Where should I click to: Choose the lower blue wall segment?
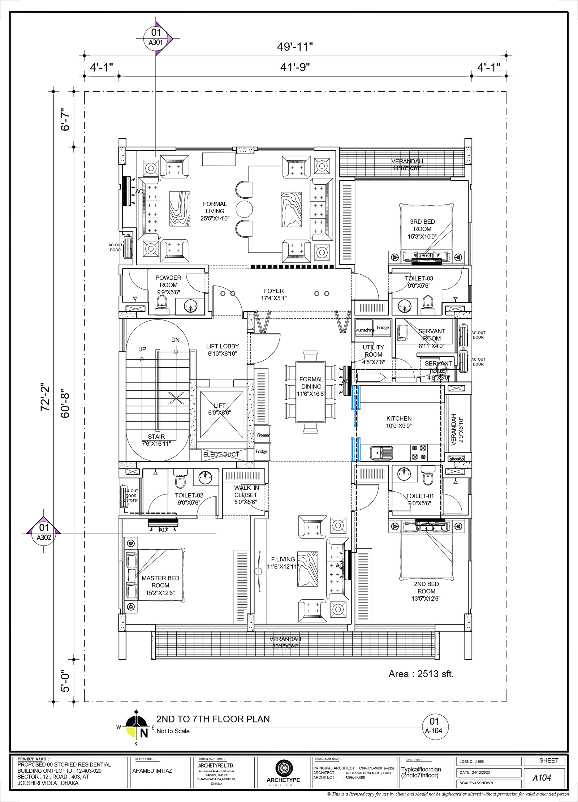(355, 449)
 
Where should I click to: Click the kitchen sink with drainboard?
(381, 453)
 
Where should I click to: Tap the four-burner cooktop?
(419, 453)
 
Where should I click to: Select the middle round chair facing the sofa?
(244, 209)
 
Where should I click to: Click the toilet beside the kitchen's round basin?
(428, 476)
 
